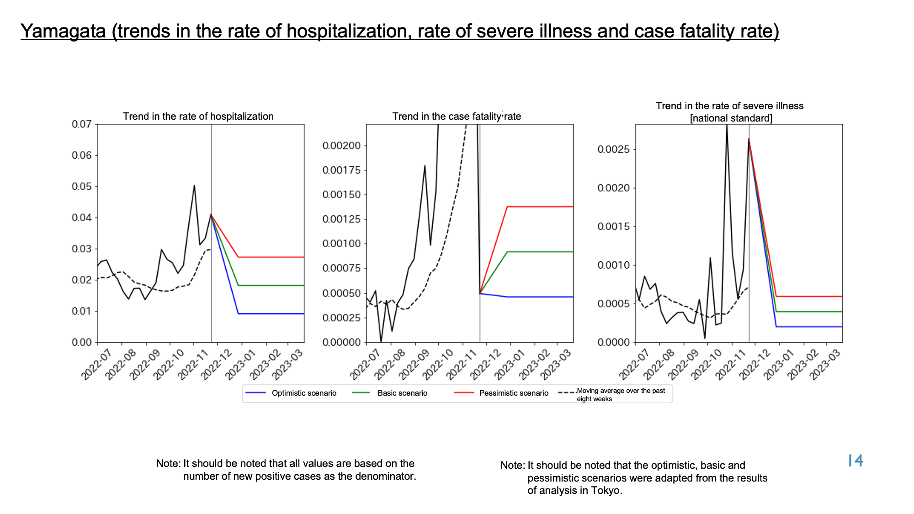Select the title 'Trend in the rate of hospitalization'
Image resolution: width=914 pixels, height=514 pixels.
coord(198,117)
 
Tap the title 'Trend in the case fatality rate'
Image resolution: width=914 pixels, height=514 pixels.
coord(457,117)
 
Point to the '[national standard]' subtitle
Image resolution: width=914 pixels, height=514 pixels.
coord(731,118)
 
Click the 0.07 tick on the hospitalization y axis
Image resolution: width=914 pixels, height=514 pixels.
coord(82,124)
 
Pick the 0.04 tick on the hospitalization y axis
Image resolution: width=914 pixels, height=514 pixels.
coord(82,217)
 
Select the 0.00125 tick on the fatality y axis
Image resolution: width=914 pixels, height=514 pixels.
coord(342,219)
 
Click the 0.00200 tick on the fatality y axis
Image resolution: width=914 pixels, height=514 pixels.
coord(342,146)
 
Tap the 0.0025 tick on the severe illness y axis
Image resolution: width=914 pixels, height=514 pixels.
coord(614,150)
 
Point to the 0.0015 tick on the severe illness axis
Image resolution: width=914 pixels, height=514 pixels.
coord(614,227)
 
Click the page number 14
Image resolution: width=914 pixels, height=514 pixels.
coord(855,461)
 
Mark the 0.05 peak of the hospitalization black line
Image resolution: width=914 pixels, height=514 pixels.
coord(194,185)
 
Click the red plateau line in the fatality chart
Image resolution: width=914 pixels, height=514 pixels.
coord(540,207)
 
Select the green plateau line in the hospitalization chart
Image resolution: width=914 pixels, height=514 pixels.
coord(271,286)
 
